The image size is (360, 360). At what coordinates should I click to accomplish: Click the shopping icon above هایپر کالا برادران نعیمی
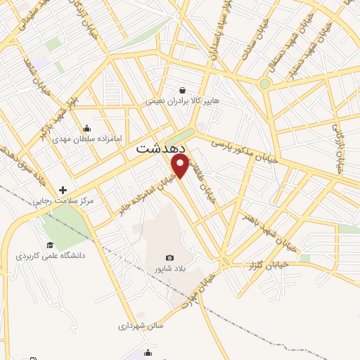(183, 90)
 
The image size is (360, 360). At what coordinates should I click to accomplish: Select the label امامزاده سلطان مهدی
(88, 139)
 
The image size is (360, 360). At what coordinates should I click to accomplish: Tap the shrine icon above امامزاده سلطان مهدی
(87, 128)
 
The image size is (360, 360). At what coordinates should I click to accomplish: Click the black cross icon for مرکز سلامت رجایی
(63, 190)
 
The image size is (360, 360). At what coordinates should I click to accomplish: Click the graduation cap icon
(49, 245)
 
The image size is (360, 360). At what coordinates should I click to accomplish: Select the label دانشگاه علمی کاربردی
(51, 256)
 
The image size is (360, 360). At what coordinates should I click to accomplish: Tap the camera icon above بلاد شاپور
(169, 258)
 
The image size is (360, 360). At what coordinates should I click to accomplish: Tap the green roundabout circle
(264, 84)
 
